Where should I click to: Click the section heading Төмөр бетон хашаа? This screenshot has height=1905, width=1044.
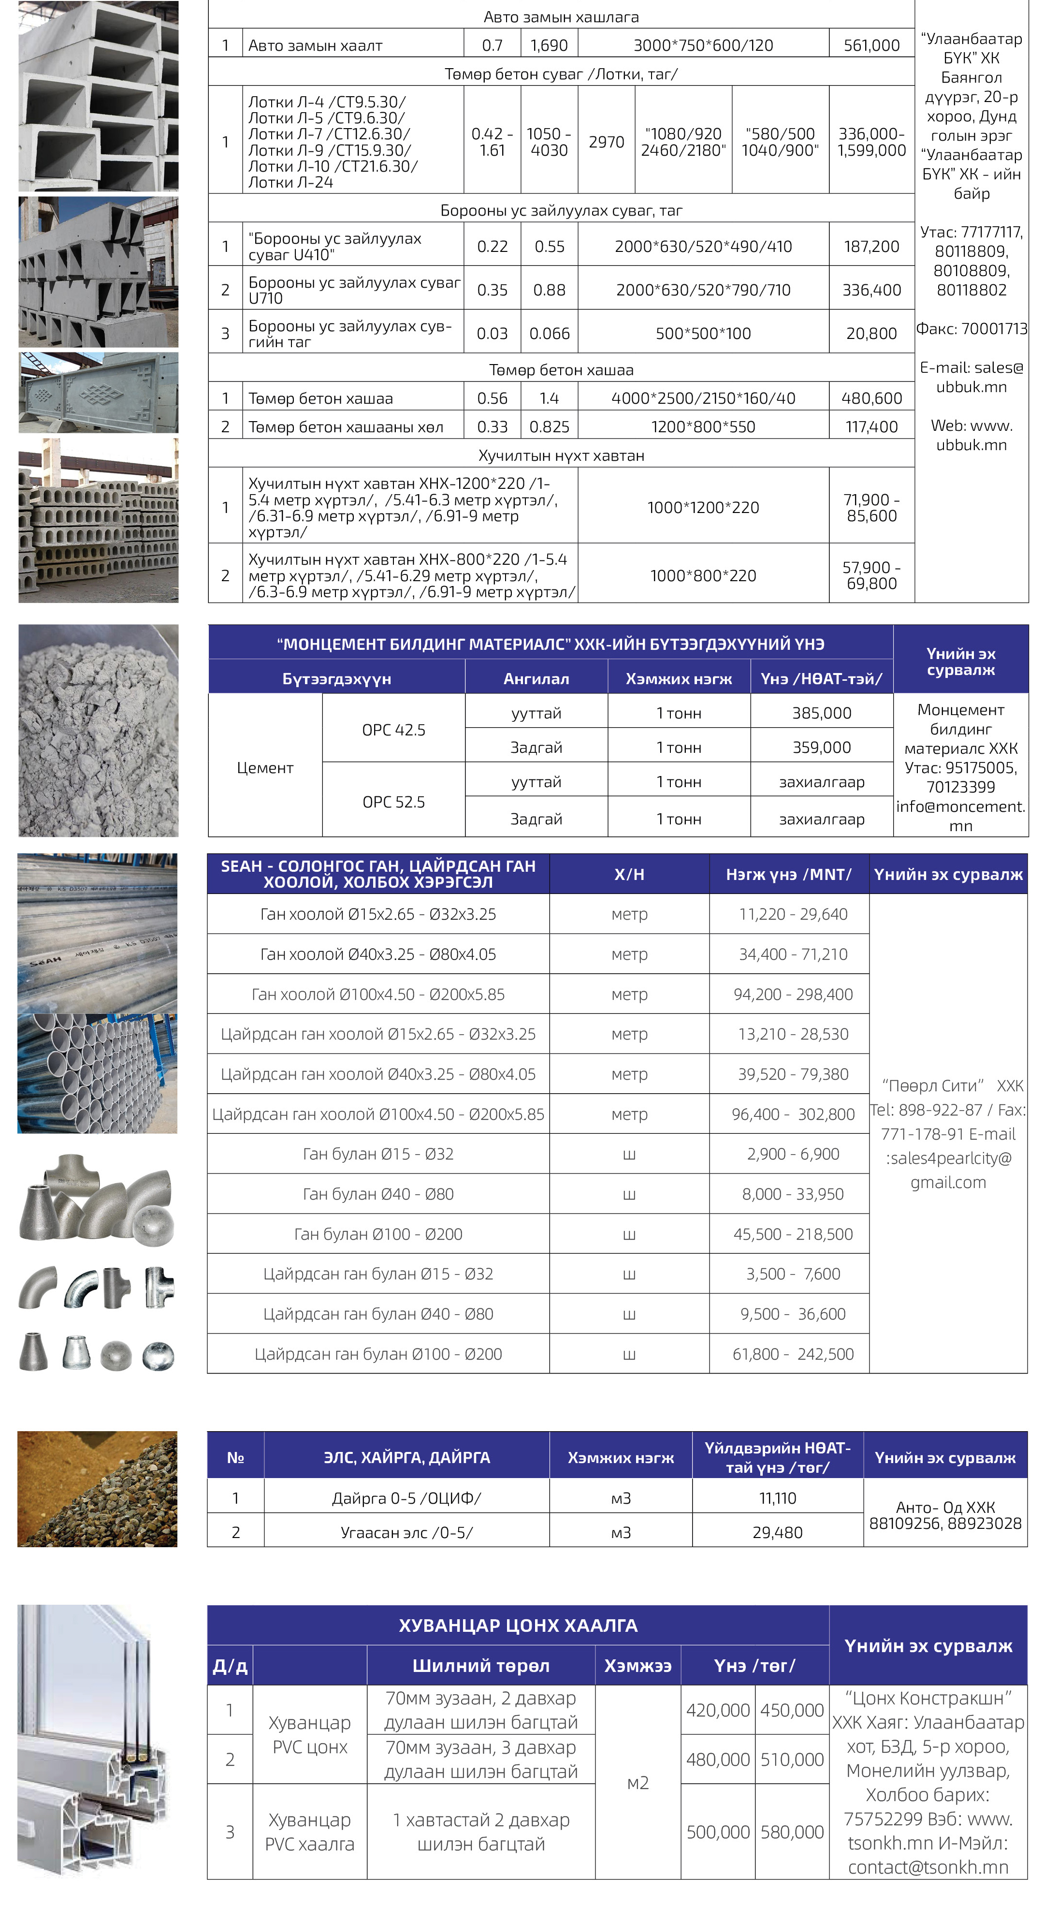tap(561, 370)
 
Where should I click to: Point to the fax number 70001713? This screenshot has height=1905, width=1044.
tap(971, 328)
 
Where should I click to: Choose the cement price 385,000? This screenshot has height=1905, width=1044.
tap(822, 713)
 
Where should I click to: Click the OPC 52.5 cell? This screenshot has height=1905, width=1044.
tap(393, 802)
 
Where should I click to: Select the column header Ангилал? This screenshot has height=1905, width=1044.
tap(536, 679)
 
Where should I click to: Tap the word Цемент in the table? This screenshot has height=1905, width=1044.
tap(265, 768)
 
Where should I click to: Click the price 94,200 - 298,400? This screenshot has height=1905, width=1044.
tap(793, 995)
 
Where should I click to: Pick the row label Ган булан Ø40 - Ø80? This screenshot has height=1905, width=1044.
tap(378, 1194)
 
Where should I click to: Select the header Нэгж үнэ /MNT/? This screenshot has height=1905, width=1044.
tap(788, 874)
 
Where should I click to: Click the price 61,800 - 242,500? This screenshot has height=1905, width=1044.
tap(793, 1354)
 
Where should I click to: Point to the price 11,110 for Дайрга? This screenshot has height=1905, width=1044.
tap(777, 1498)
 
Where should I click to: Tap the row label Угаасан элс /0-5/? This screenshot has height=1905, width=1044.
tap(406, 1532)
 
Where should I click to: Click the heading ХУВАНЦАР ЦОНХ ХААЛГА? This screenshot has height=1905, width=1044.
tap(518, 1626)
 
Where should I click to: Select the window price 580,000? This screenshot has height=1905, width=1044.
tap(792, 1832)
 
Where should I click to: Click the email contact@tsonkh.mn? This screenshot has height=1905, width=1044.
tap(928, 1867)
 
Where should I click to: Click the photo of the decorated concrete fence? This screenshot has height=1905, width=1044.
tap(98, 393)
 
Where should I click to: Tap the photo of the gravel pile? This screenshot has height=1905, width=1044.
tap(98, 1489)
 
